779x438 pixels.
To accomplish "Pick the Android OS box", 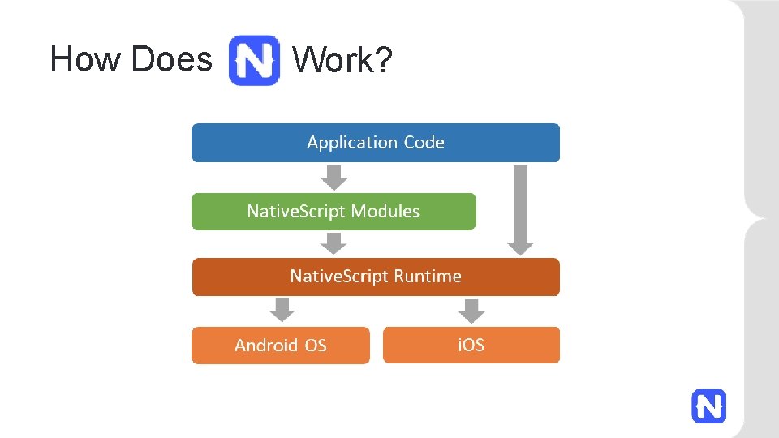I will [x=280, y=346].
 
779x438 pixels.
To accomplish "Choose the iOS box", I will [x=471, y=346].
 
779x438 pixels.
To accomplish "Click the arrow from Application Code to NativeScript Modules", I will [x=334, y=177].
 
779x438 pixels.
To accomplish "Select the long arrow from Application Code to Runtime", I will [x=520, y=209].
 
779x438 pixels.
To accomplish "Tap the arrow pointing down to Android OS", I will [x=282, y=310].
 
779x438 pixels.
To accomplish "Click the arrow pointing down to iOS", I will [x=471, y=310].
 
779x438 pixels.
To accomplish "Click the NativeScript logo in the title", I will [x=254, y=60].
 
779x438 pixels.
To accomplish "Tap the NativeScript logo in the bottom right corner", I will [x=708, y=406].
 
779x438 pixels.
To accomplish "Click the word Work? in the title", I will [x=342, y=60].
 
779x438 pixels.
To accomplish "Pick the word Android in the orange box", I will [x=266, y=346].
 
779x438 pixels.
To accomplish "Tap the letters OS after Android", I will [x=316, y=346].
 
